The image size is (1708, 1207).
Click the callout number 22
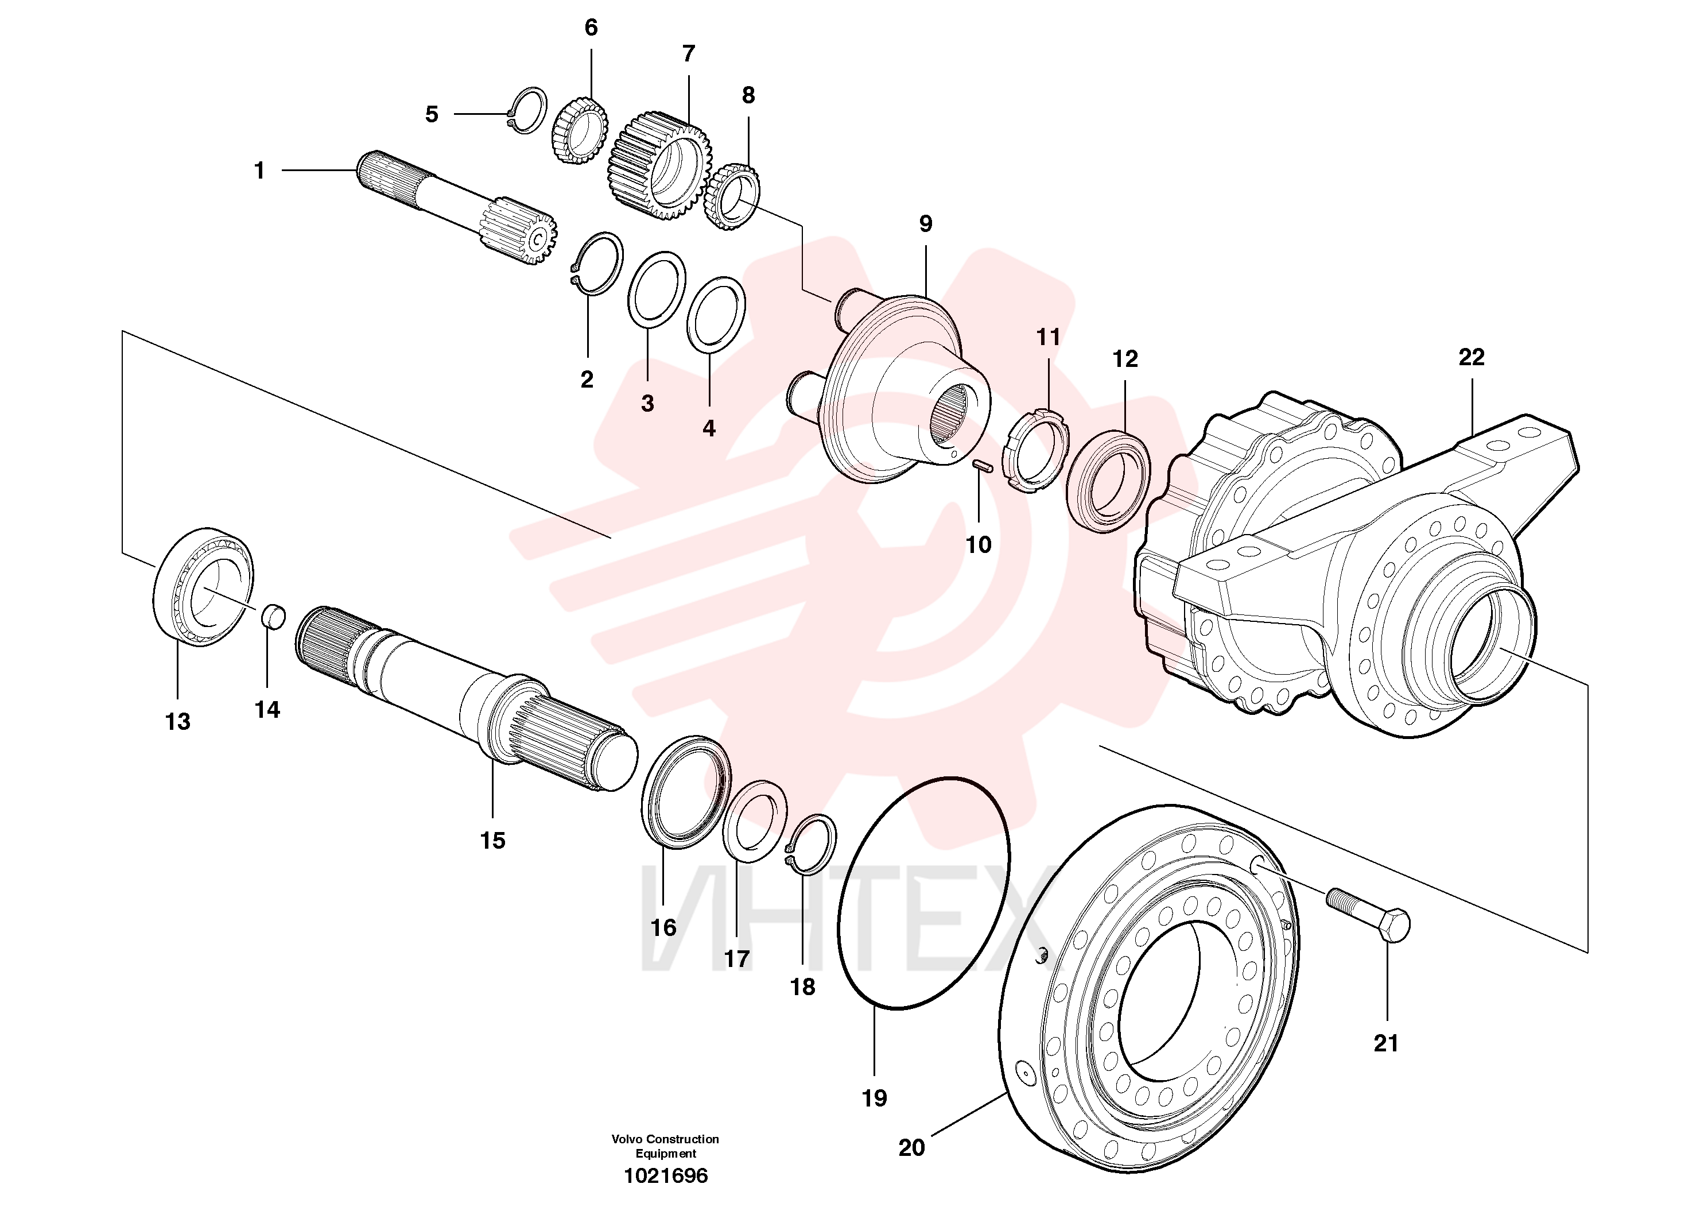pyautogui.click(x=1472, y=358)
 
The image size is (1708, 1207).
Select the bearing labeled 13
pyautogui.click(x=203, y=586)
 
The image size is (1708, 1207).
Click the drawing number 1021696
pyautogui.click(x=666, y=1176)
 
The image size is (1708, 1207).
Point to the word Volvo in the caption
pyautogui.click(x=627, y=1139)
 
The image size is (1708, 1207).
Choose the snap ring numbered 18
pyautogui.click(x=811, y=845)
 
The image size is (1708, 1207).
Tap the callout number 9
pyautogui.click(x=925, y=223)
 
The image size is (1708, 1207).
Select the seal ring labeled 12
pyautogui.click(x=1108, y=480)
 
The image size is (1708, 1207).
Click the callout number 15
pyautogui.click(x=492, y=840)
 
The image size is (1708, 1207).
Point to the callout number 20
pyautogui.click(x=911, y=1147)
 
